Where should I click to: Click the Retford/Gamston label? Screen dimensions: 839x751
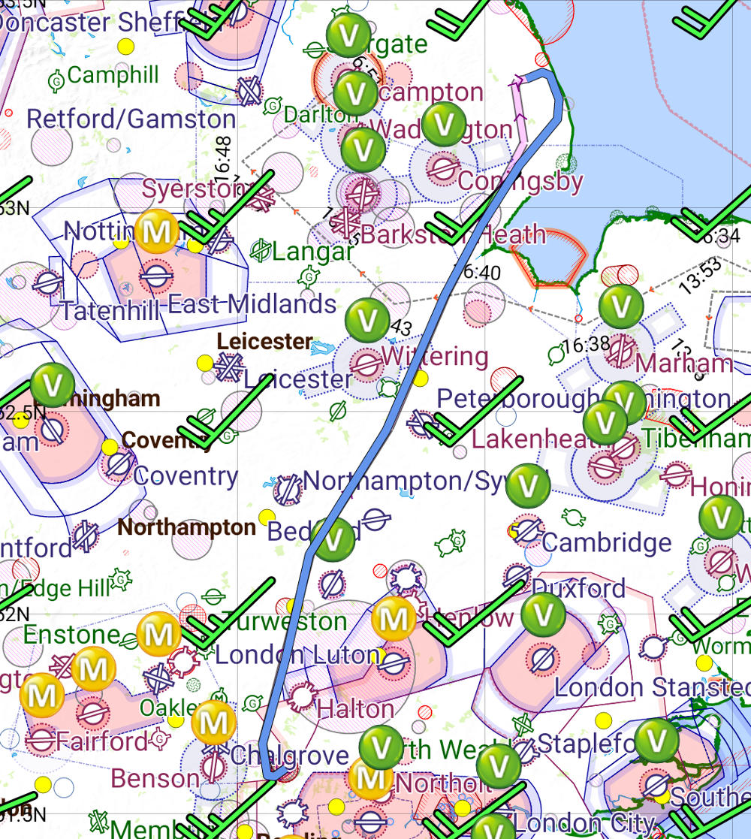pos(131,119)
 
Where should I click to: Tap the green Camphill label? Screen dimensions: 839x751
pos(113,75)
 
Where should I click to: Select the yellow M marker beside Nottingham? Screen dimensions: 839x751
pos(157,231)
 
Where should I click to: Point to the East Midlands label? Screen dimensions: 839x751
pos(252,304)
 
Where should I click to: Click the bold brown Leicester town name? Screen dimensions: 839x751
pos(264,342)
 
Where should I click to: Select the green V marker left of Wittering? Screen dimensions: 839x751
pos(367,320)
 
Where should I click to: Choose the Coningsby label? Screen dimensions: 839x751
pos(520,182)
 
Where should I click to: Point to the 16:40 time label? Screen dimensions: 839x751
pos(481,272)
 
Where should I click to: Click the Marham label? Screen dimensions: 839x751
pos(683,364)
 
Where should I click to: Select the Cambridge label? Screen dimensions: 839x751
pos(607,542)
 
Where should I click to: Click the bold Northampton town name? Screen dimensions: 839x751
pos(186,527)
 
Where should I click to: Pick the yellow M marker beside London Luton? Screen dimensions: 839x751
pos(394,619)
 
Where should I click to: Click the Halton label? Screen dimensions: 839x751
pos(355,708)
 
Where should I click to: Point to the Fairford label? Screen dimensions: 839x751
pos(102,741)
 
